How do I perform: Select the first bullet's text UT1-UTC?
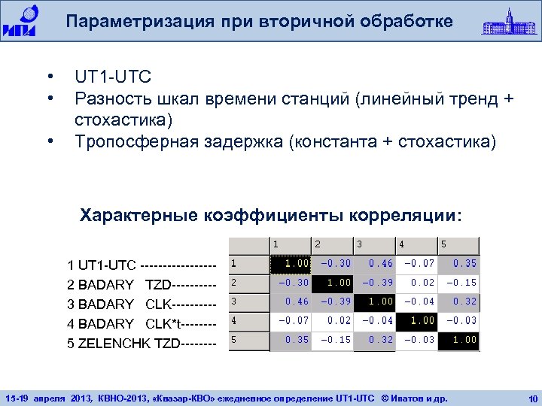113,77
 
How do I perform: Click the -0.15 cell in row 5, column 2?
332,340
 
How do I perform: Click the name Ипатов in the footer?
415,396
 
